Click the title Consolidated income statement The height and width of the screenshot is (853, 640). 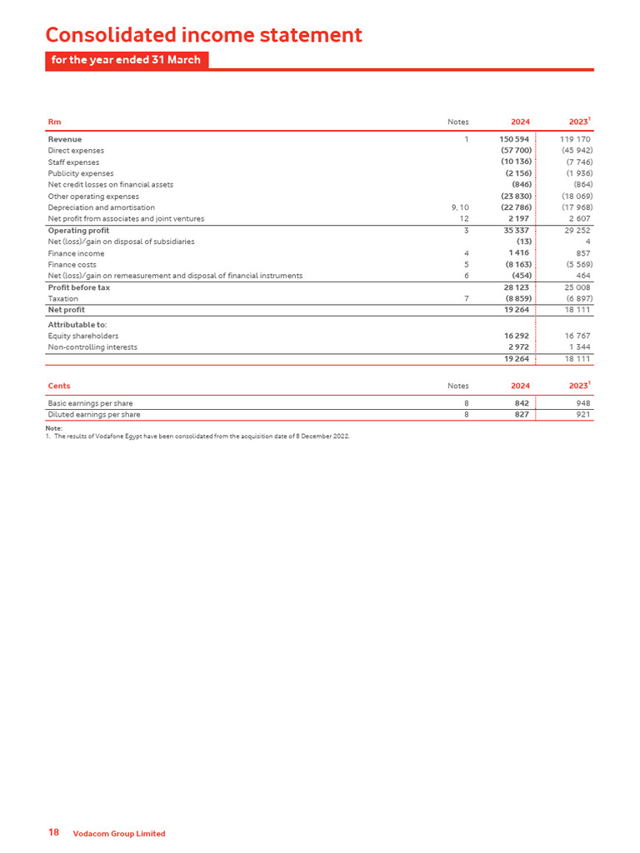203,35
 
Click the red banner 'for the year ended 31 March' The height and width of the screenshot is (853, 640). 126,60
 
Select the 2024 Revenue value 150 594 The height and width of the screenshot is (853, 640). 514,139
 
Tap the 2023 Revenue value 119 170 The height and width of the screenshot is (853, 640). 575,139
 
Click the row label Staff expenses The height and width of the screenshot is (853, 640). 73,162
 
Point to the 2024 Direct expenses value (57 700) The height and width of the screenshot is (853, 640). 516,151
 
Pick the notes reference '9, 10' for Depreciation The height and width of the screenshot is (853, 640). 460,207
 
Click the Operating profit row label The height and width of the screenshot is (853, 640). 78,230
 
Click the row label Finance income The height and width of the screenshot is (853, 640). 76,253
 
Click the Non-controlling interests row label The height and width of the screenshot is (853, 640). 92,347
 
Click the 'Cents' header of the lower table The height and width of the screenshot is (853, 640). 59,386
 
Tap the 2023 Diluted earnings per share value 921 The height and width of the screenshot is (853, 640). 582,414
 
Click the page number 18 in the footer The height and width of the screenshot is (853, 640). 53,833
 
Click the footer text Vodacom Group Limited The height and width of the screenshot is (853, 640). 119,834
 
